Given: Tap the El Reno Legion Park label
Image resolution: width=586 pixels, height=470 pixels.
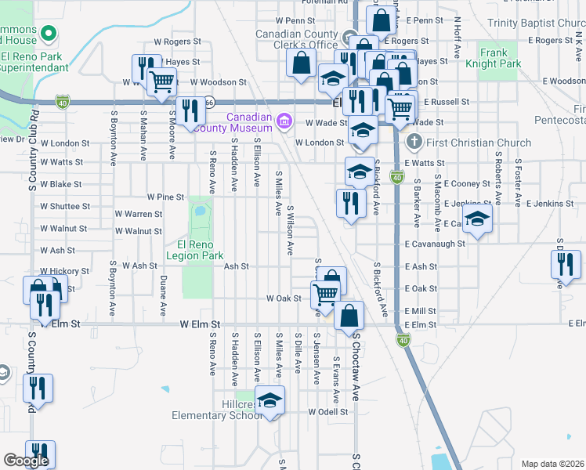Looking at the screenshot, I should pyautogui.click(x=195, y=249).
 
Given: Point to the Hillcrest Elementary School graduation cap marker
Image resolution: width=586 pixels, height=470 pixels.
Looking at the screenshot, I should pyautogui.click(x=269, y=402).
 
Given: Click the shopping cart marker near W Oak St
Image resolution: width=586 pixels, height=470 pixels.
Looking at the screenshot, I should pyautogui.click(x=324, y=295).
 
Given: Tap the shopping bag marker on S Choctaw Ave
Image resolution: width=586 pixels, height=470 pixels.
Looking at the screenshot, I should pyautogui.click(x=349, y=316).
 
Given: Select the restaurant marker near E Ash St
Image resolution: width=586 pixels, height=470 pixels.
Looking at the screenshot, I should pyautogui.click(x=566, y=264).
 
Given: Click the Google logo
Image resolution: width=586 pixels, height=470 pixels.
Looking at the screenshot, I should pyautogui.click(x=26, y=461).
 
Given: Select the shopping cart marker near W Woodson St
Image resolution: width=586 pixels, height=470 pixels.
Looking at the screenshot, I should pyautogui.click(x=161, y=81).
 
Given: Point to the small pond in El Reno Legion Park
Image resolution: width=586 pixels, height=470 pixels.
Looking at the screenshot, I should pyautogui.click(x=199, y=211).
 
